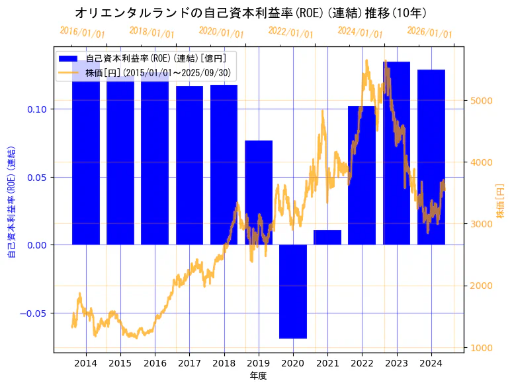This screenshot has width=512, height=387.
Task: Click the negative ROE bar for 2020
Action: click(293, 292)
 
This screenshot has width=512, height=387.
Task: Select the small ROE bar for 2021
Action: click(327, 237)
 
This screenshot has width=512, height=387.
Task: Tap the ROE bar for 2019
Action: click(259, 192)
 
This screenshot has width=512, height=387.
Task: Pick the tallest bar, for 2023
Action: click(396, 153)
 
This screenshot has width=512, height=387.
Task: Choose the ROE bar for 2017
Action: click(189, 166)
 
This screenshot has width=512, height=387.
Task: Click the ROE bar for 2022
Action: click(362, 176)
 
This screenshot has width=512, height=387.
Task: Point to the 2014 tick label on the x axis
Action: click(86, 362)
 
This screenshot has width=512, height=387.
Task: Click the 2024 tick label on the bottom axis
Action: click(431, 362)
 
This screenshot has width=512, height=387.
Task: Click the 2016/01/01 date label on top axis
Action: click(83, 32)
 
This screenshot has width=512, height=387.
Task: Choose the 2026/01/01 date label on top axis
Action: click(429, 32)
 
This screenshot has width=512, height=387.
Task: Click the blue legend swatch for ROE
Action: click(70, 58)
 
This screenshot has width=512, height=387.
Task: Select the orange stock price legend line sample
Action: click(70, 72)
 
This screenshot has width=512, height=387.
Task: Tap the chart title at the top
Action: click(251, 13)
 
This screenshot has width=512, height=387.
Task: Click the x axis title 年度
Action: click(258, 376)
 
